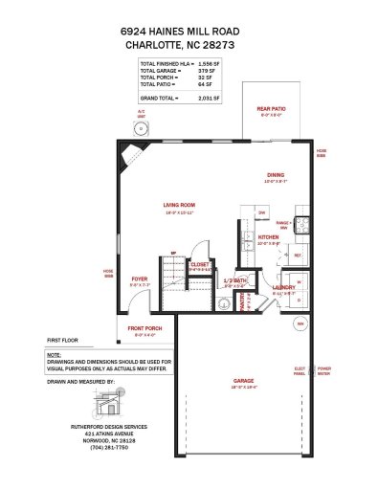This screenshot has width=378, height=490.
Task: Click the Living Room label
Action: click(x=178, y=205)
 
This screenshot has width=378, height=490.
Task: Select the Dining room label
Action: click(x=276, y=175)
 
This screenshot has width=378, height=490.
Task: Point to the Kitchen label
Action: click(x=268, y=235)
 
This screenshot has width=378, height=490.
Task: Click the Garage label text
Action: click(x=243, y=380)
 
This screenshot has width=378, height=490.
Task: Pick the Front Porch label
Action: click(x=145, y=329)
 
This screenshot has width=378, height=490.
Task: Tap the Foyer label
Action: click(x=140, y=279)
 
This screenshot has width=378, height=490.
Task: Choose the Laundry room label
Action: click(x=283, y=287)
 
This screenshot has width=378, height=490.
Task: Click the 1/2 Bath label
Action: click(x=235, y=280)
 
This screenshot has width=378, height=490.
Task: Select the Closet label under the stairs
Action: click(x=200, y=263)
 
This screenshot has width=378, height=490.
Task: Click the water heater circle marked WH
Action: click(x=300, y=323)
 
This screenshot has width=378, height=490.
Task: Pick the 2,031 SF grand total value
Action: click(x=210, y=98)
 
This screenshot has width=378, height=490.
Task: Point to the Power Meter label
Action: click(x=324, y=370)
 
